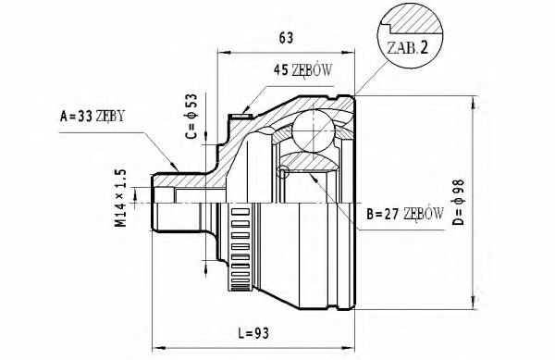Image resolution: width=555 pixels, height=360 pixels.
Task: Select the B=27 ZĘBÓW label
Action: (404, 213)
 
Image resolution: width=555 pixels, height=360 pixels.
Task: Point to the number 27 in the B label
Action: (388, 213)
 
